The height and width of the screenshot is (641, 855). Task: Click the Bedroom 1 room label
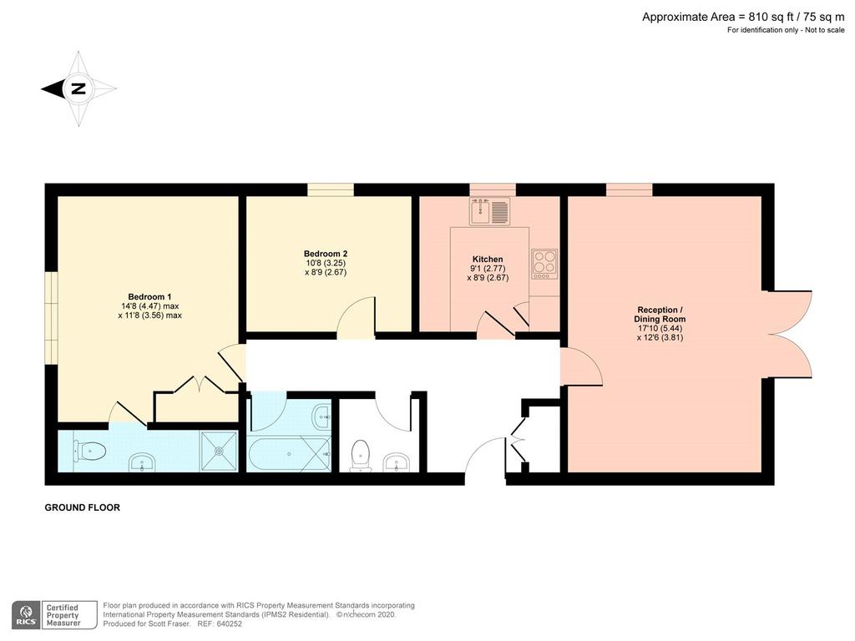(150, 297)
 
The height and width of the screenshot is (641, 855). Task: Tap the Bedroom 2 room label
(326, 254)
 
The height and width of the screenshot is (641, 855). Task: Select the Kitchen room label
(488, 260)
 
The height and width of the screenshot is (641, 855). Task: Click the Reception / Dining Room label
(660, 315)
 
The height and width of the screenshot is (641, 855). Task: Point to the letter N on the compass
(78, 88)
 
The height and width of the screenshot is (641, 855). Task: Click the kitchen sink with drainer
(489, 211)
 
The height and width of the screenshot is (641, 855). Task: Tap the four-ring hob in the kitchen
(544, 265)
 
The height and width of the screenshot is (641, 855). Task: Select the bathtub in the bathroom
(289, 453)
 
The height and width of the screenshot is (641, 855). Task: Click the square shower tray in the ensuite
(220, 452)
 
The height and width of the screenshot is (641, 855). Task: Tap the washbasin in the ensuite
(142, 464)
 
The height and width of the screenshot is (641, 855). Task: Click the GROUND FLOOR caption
(83, 507)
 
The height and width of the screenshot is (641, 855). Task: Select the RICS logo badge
(26, 615)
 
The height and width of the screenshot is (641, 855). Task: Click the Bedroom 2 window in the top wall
(331, 189)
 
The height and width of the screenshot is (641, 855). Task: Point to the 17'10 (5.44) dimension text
(660, 329)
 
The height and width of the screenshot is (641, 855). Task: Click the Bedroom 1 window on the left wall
(51, 317)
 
